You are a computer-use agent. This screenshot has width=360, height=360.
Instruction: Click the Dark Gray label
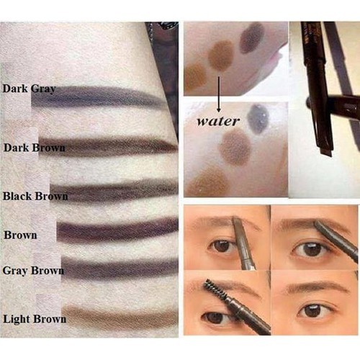tap(29, 89)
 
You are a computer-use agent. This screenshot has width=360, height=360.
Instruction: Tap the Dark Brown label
tap(35, 148)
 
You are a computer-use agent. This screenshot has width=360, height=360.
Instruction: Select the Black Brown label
tap(35, 196)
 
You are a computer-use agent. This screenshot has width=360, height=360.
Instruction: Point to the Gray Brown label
tap(33, 271)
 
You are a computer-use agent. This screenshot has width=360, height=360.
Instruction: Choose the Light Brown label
tap(35, 319)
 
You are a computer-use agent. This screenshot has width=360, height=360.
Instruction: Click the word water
tap(218, 121)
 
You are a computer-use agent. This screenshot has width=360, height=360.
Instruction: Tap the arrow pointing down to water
tap(219, 94)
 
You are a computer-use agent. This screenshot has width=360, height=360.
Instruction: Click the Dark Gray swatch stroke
tap(99, 97)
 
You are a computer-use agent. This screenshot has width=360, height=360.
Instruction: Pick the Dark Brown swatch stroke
tap(108, 145)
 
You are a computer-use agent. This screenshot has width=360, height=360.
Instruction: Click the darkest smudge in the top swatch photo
tap(252, 37)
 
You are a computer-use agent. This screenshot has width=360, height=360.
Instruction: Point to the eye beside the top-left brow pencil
tap(222, 246)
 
